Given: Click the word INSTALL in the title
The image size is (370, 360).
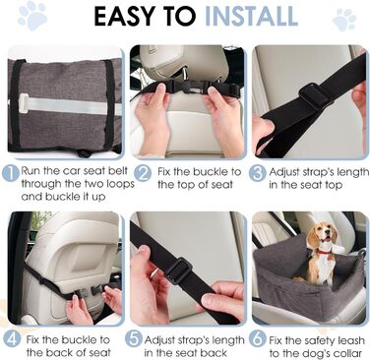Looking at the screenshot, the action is (x=252, y=16).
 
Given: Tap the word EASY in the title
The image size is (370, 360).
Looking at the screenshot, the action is (x=124, y=16).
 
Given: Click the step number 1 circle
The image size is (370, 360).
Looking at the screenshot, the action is (x=11, y=173).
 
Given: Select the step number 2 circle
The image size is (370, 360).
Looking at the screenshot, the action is (x=143, y=173).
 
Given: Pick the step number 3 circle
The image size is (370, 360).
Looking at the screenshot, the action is (x=257, y=173).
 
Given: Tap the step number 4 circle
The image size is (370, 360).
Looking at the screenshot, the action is (x=12, y=340).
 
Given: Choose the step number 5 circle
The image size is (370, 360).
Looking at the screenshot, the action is (x=134, y=339).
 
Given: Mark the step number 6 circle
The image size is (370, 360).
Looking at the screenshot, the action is (x=257, y=339).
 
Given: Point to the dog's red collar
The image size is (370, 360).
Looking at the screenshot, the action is (x=324, y=252).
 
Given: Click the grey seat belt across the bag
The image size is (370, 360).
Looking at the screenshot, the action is (x=66, y=105).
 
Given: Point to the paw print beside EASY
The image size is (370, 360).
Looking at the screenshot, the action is (x=32, y=16).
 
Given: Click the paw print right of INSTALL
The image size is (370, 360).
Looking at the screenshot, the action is (x=344, y=20).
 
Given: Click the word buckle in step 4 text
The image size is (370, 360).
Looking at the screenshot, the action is (x=79, y=339).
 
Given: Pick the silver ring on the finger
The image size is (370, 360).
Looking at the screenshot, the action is (x=154, y=273).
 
